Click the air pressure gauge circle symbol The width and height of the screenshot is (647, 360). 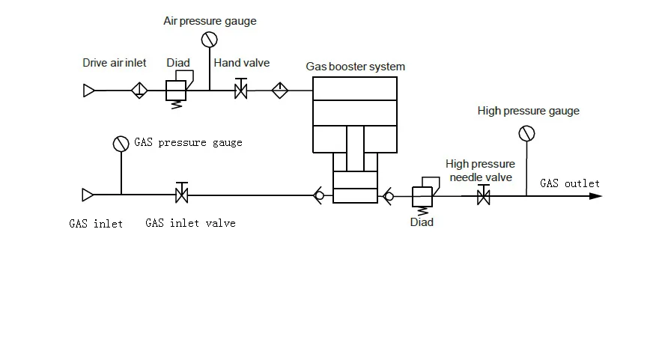click(x=209, y=39)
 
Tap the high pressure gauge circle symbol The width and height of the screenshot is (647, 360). click(x=526, y=133)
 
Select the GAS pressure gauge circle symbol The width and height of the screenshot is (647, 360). click(x=121, y=144)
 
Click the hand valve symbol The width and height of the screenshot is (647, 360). click(x=241, y=91)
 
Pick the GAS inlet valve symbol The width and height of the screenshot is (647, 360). click(x=180, y=195)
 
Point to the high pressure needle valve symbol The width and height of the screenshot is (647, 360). click(x=484, y=197)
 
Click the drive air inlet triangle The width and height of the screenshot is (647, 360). click(x=88, y=91)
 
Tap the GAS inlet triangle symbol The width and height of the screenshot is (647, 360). click(x=88, y=195)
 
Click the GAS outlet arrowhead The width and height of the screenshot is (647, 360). click(x=595, y=196)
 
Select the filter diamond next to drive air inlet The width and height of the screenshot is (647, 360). click(x=139, y=91)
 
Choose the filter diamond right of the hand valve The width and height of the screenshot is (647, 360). click(x=279, y=91)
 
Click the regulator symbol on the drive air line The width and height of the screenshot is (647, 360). click(x=176, y=90)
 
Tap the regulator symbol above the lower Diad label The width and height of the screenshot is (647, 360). click(x=423, y=195)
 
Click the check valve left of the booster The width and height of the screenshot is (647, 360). click(x=319, y=196)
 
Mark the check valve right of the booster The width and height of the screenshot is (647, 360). click(x=389, y=196)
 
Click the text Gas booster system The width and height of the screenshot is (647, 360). click(x=355, y=67)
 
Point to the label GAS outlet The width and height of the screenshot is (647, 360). click(x=569, y=183)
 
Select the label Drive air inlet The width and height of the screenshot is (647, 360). click(x=114, y=63)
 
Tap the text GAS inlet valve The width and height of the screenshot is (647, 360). click(x=190, y=223)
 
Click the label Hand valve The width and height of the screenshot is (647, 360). click(x=241, y=63)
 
